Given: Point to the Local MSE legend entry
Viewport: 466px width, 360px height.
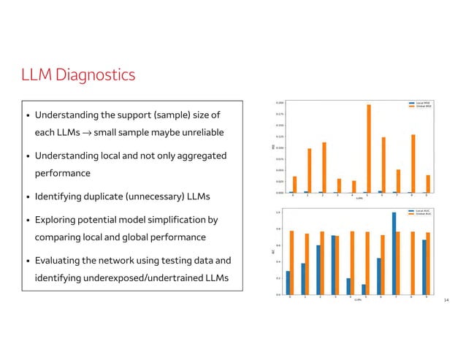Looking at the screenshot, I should (421, 103).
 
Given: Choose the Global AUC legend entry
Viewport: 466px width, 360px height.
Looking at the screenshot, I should (421, 214).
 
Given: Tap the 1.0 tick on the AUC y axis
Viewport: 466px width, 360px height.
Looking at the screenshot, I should (278, 212).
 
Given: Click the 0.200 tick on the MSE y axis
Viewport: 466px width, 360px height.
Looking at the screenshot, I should (278, 103).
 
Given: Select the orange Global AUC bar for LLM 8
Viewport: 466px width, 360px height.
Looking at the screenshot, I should (413, 263).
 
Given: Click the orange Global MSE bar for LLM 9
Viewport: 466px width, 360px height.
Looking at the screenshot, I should (428, 184).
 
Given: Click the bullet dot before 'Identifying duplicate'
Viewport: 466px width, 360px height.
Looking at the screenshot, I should (27, 198).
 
